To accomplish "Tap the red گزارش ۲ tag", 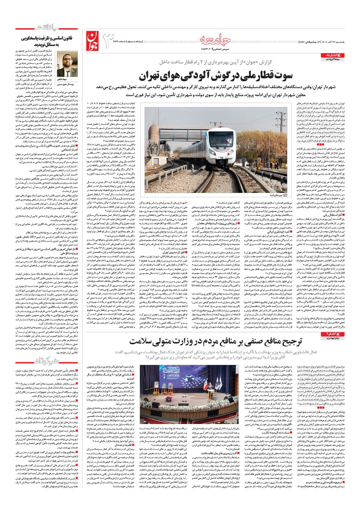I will (x=329, y=333).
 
